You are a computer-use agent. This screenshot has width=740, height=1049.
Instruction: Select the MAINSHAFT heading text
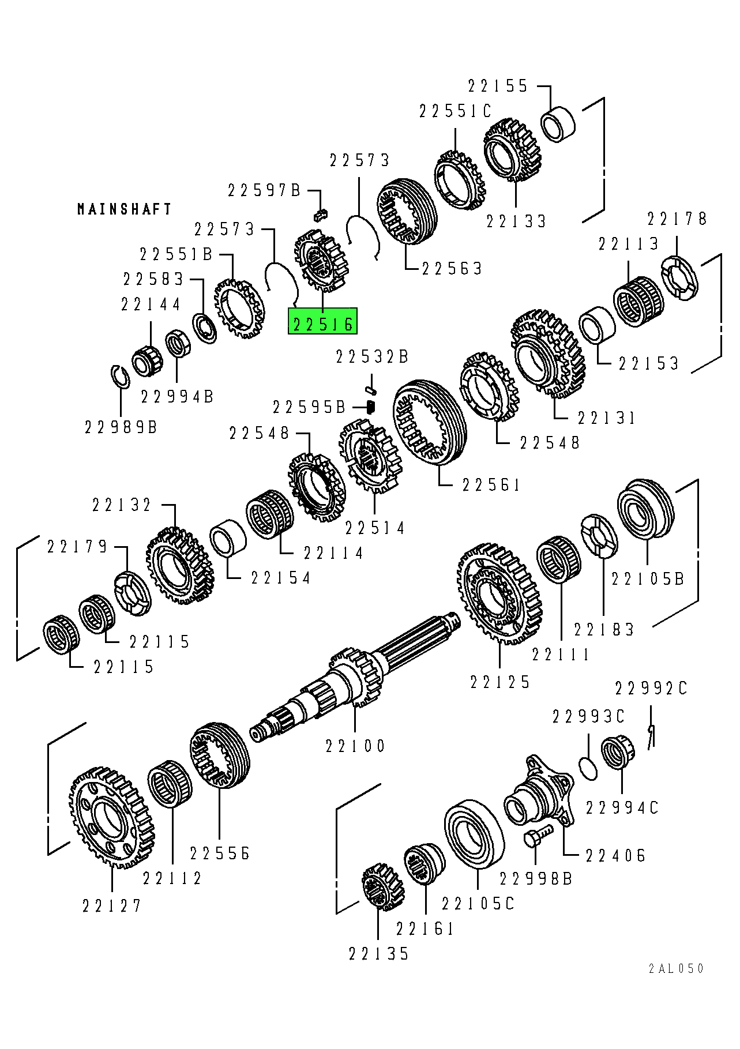125,209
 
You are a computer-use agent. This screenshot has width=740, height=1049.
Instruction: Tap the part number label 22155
498,87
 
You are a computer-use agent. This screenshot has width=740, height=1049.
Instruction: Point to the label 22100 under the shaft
355,746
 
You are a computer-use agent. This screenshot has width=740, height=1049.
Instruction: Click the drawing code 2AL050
676,968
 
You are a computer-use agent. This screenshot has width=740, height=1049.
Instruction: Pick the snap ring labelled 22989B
119,376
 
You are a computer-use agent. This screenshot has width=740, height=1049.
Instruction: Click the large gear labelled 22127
112,816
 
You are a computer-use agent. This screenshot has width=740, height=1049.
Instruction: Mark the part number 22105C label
478,903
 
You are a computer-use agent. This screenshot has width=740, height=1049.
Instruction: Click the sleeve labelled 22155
558,123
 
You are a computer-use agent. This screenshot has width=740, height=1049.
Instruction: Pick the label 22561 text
491,485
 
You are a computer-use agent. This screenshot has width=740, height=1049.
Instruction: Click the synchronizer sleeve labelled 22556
220,755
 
